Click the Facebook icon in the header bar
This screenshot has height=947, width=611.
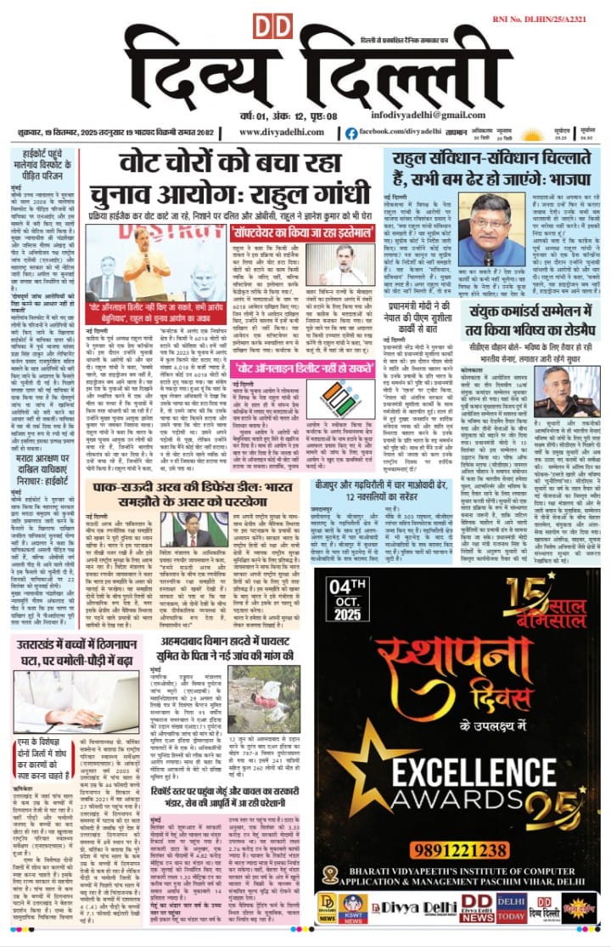coord(351,132)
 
